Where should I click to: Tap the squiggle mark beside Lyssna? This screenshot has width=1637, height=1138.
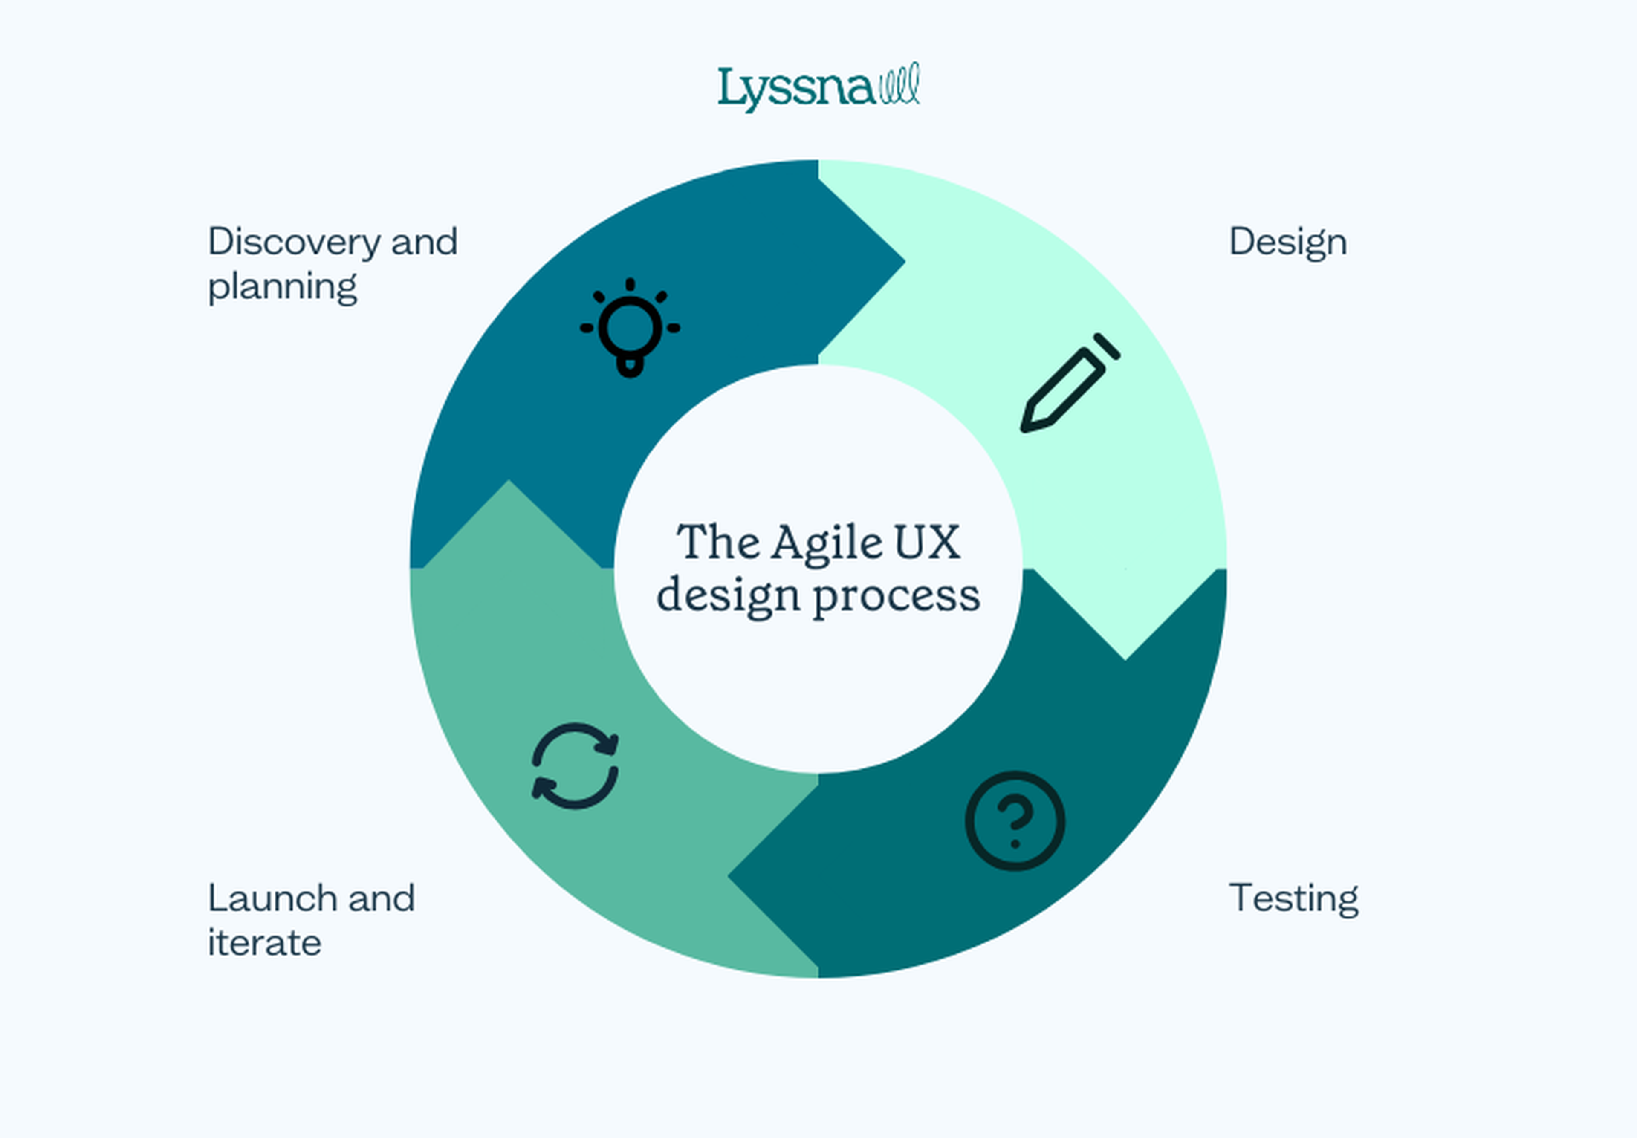click(x=900, y=84)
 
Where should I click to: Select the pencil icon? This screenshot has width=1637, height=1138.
click(x=1070, y=383)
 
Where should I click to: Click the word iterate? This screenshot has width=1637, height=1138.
click(x=264, y=943)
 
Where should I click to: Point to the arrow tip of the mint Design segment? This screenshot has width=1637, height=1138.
click(x=1125, y=659)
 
